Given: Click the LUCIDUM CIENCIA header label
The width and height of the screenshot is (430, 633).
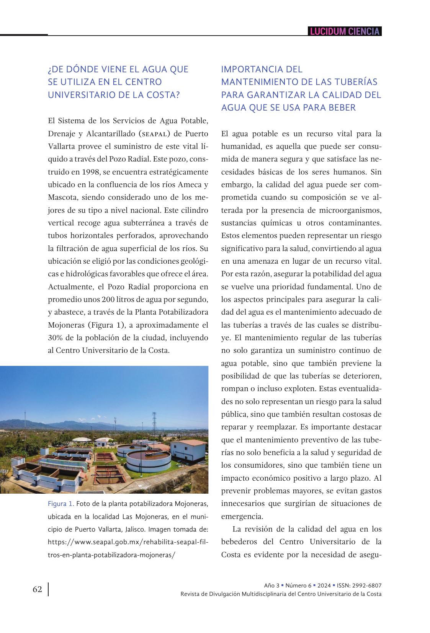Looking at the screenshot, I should pyautogui.click(x=345, y=31).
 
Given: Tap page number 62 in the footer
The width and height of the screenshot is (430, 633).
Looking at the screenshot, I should pyautogui.click(x=37, y=589).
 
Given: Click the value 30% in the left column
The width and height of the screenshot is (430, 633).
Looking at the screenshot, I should pyautogui.click(x=56, y=338).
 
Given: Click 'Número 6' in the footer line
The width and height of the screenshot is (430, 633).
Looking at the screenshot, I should pyautogui.click(x=298, y=586).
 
